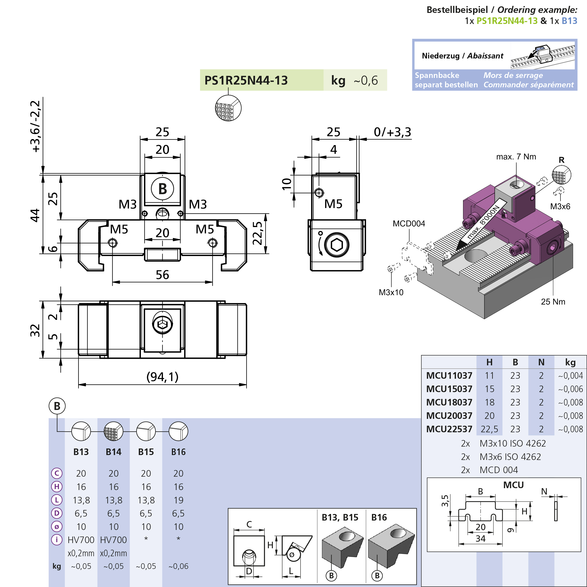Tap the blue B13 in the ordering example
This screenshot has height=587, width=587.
pos(569,21)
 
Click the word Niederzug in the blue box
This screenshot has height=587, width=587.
pos(440,56)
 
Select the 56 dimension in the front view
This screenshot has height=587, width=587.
pos(162,275)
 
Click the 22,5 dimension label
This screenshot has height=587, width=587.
pos(257,233)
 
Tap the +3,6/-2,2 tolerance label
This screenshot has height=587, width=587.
pos(35,126)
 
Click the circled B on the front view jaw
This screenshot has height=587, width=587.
pos(162,189)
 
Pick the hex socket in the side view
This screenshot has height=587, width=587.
pos(337,245)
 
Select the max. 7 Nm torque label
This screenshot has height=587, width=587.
pos(516,157)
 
